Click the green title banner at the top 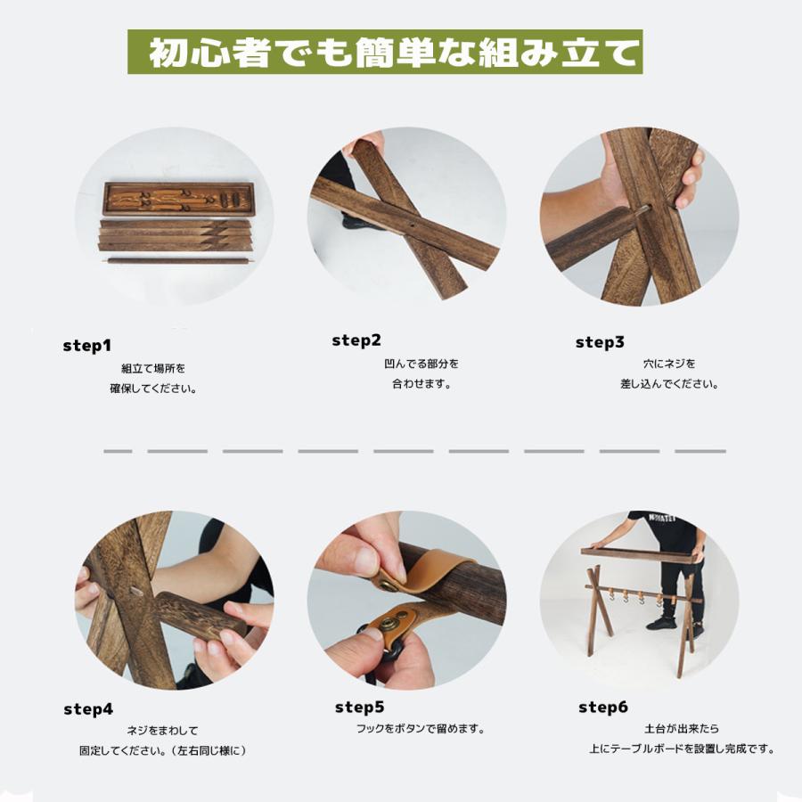[x=384, y=53]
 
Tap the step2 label [x=356, y=340]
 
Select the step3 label [x=600, y=341]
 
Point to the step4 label [x=88, y=709]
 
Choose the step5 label [x=359, y=708]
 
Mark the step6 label [x=603, y=708]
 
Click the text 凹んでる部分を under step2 [x=421, y=364]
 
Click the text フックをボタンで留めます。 [x=420, y=729]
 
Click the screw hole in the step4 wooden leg [x=135, y=590]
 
